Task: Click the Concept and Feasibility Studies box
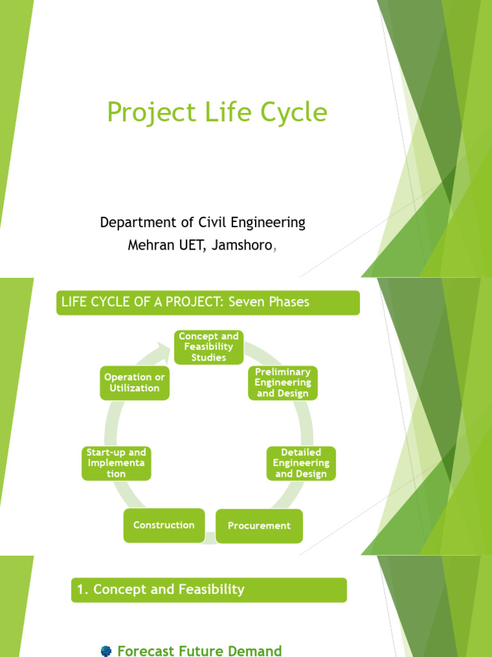[x=208, y=347]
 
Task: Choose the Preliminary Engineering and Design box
[x=283, y=383]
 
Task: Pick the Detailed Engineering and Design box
[x=300, y=463]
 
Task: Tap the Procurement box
[x=259, y=525]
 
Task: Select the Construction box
[x=164, y=525]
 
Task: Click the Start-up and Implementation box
[x=116, y=463]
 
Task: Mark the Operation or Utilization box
[x=135, y=383]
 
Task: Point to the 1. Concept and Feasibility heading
[x=161, y=590]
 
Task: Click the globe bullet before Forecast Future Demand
[x=106, y=651]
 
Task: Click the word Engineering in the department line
[x=268, y=223]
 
